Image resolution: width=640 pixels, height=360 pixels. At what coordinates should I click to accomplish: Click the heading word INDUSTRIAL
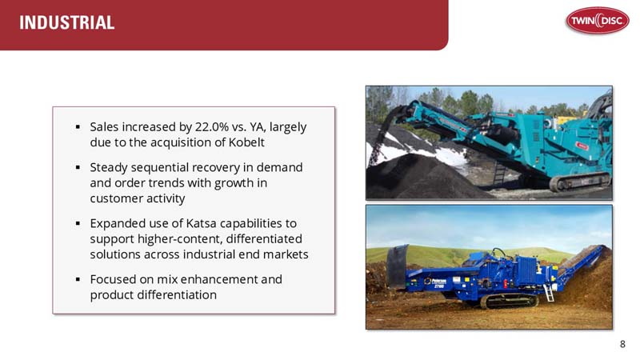[67, 23]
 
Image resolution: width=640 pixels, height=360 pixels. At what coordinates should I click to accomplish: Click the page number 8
[622, 344]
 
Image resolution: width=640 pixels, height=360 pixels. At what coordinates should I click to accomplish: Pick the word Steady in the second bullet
[110, 167]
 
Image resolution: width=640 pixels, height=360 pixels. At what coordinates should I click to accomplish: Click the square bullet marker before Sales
[78, 128]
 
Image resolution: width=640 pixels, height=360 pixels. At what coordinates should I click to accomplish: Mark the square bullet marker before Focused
[78, 280]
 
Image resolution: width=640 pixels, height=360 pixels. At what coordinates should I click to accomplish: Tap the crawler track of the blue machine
[506, 302]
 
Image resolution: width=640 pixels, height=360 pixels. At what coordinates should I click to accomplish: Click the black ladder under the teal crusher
[499, 173]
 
